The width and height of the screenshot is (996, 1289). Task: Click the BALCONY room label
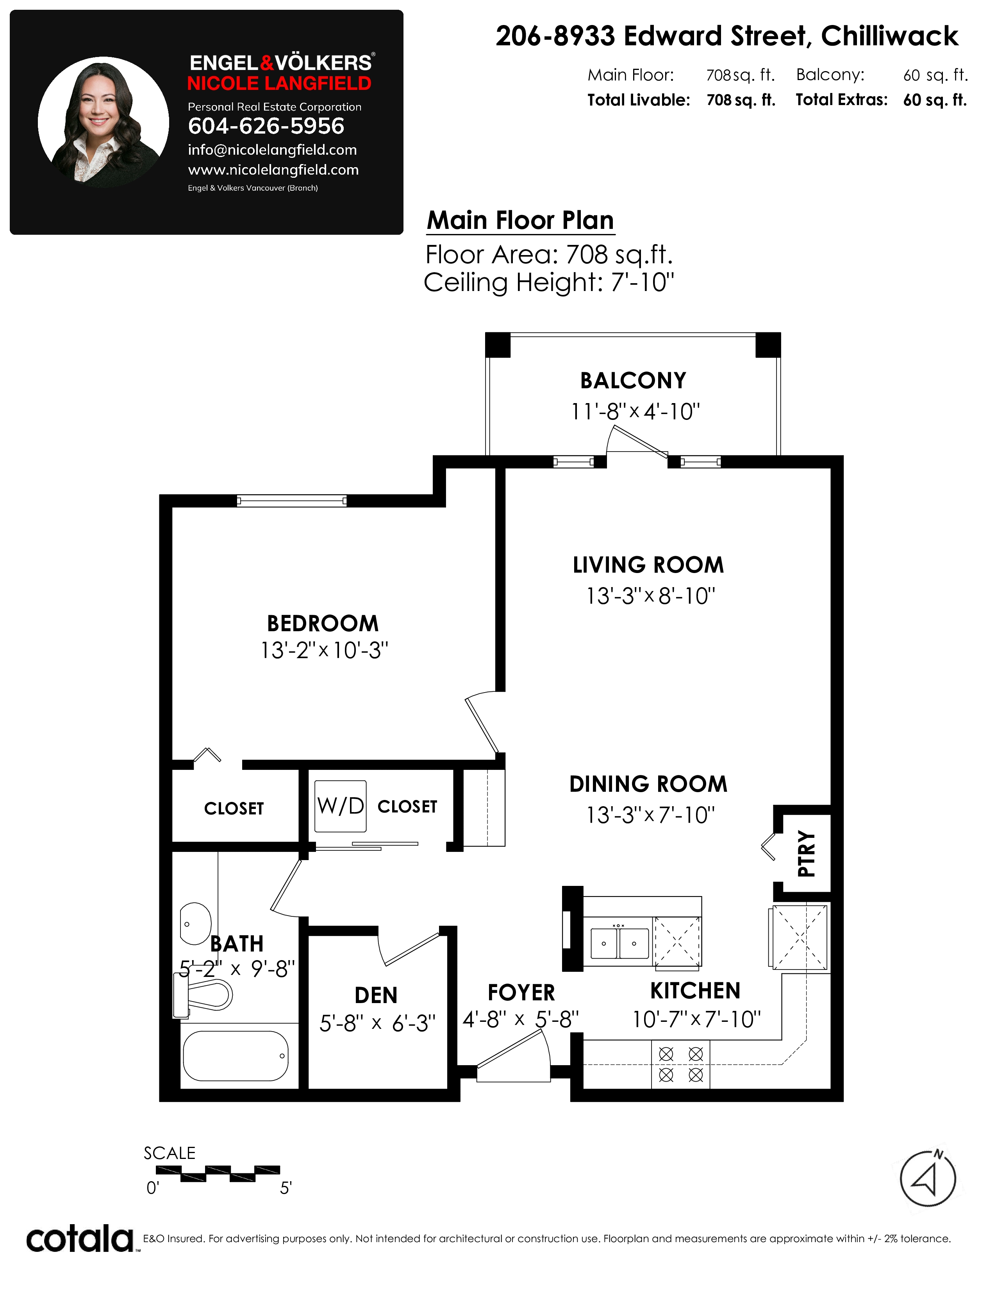[x=633, y=381]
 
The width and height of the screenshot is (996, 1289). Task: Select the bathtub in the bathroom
[x=236, y=1056]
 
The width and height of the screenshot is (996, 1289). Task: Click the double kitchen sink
[x=619, y=943]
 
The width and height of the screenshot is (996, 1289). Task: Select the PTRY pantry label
[x=806, y=853]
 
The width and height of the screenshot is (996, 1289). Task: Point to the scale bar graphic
[x=218, y=1173]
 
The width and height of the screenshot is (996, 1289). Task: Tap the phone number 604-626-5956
[x=266, y=126]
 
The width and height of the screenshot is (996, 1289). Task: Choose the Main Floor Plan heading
[x=520, y=220]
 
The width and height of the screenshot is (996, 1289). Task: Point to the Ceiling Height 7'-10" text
[x=549, y=282]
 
